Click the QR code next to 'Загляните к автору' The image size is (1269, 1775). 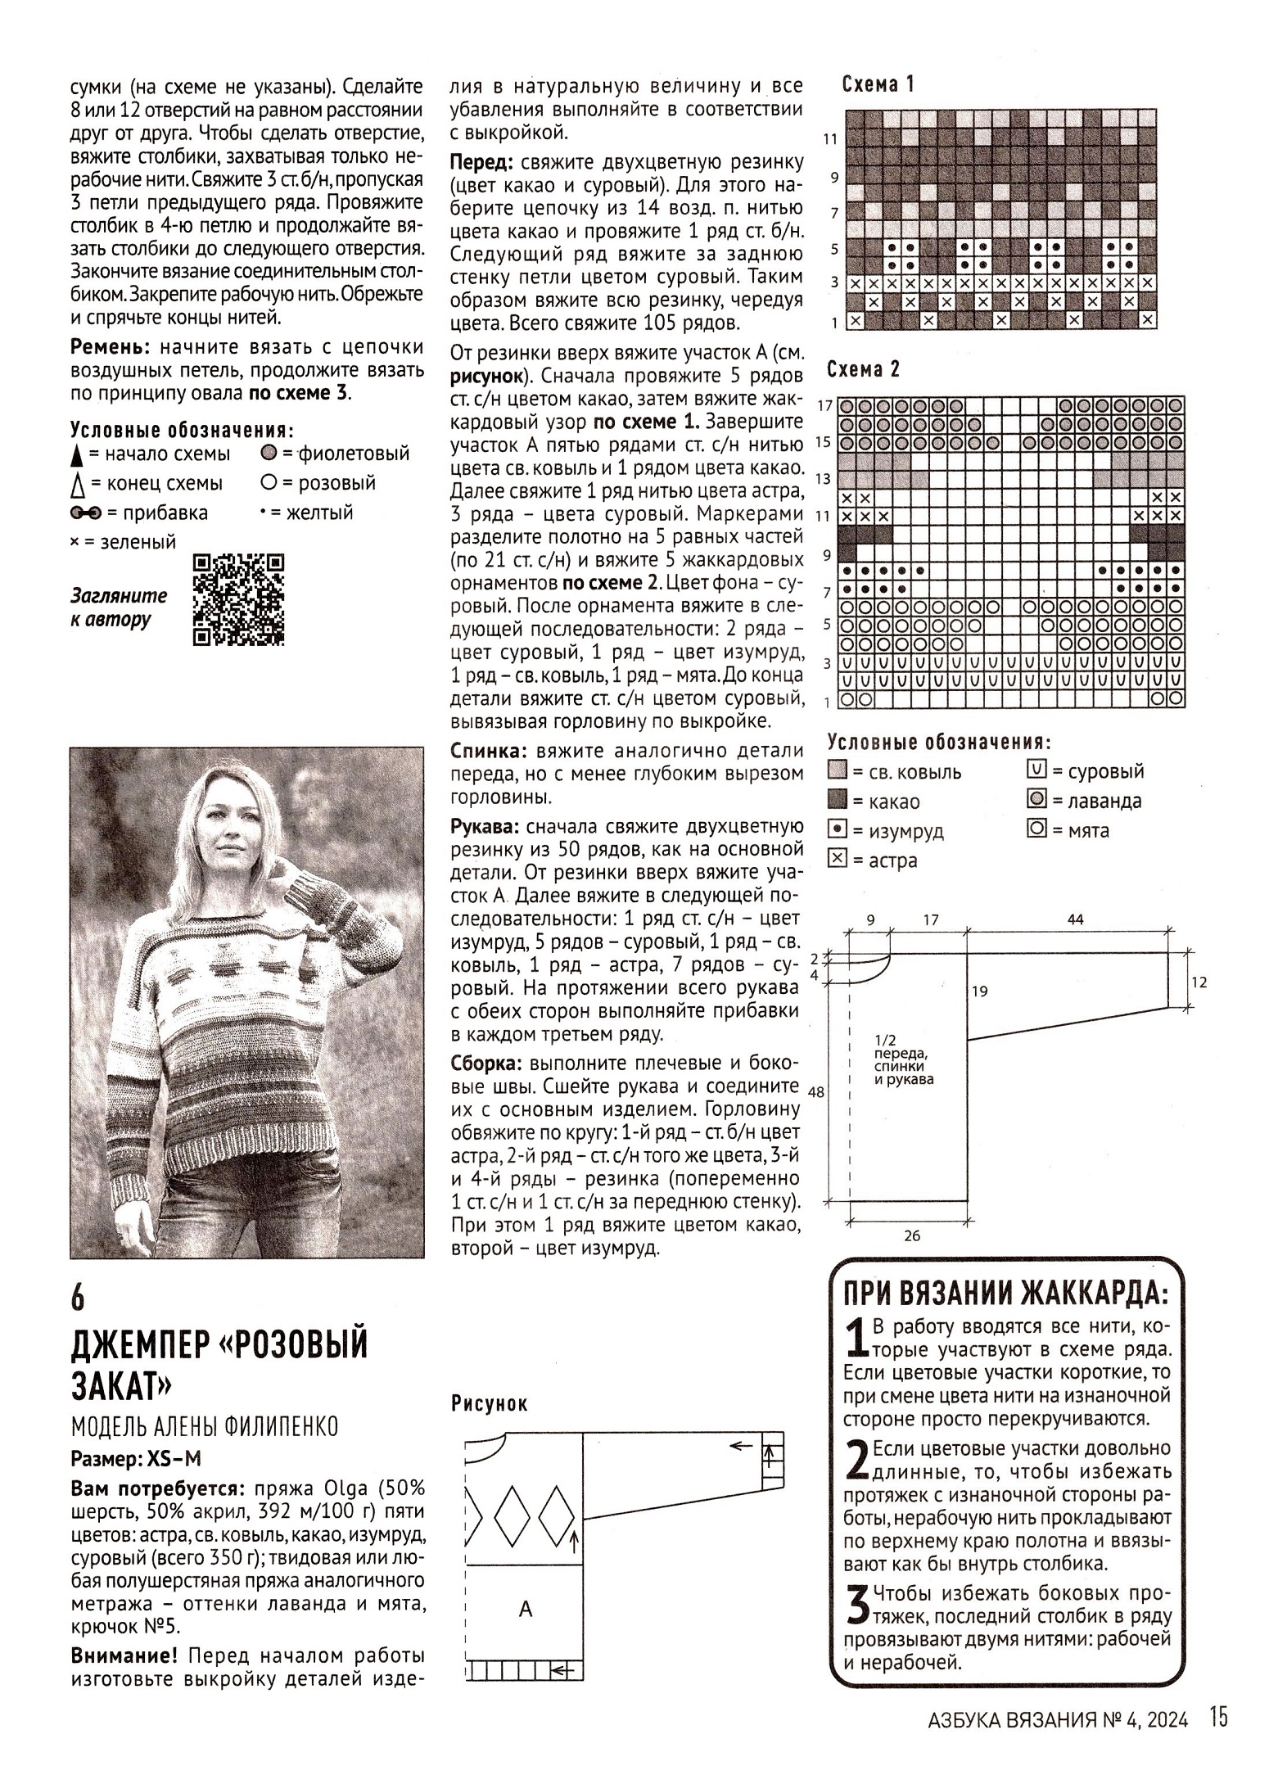pyautogui.click(x=238, y=600)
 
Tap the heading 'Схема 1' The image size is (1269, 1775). pyautogui.click(x=878, y=84)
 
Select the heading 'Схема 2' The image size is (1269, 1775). pyautogui.click(x=863, y=370)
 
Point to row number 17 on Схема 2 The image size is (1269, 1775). pyautogui.click(x=825, y=405)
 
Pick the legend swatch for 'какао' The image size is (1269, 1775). pyautogui.click(x=837, y=801)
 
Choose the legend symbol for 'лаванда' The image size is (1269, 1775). pyautogui.click(x=1036, y=800)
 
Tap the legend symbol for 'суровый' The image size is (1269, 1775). pyautogui.click(x=1036, y=770)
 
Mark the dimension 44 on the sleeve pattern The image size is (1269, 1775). pyautogui.click(x=1075, y=919)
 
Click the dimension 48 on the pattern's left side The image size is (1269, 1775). pyautogui.click(x=815, y=1092)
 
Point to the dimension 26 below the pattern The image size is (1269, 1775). pyautogui.click(x=912, y=1235)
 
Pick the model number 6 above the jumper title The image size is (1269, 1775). pyautogui.click(x=78, y=1299)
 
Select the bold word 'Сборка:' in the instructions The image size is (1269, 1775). pyautogui.click(x=486, y=1063)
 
